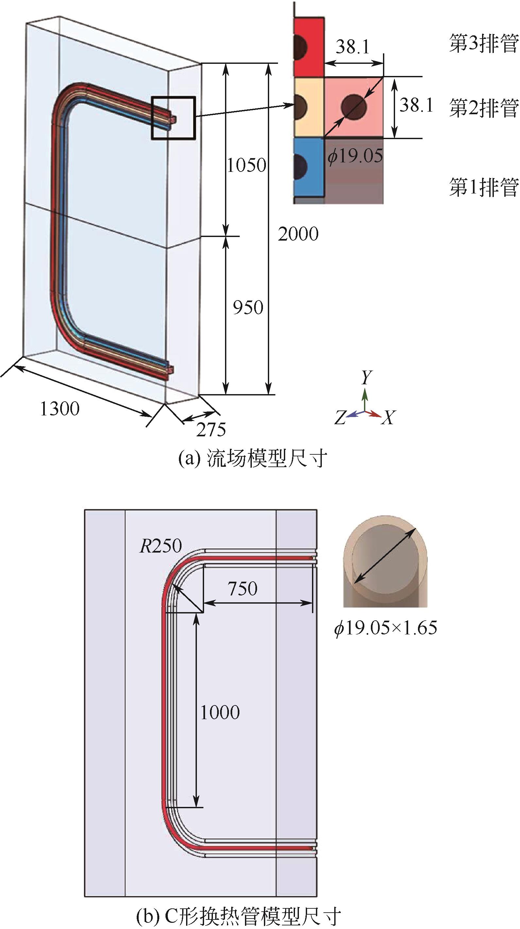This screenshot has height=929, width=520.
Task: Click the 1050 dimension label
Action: coord(247,166)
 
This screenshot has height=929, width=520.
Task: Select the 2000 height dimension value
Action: coord(298,234)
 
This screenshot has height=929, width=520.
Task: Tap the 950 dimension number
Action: coord(248,308)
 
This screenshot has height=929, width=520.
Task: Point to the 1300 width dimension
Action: coord(60,409)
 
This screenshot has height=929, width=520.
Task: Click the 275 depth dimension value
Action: coord(211,429)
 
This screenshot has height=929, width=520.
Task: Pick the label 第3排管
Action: coord(483,44)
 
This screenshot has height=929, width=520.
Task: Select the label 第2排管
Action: coord(483,108)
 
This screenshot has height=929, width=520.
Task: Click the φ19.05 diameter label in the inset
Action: coord(355,156)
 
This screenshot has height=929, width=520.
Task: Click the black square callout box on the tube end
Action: coord(173,118)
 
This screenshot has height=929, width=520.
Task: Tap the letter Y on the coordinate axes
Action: coord(367,377)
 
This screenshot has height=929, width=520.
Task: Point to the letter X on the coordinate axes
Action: coord(388,418)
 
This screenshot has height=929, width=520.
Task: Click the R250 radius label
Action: coord(161,546)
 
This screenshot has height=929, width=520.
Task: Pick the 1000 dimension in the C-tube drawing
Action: coord(220,713)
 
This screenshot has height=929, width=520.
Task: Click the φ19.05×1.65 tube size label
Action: coord(385,628)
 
